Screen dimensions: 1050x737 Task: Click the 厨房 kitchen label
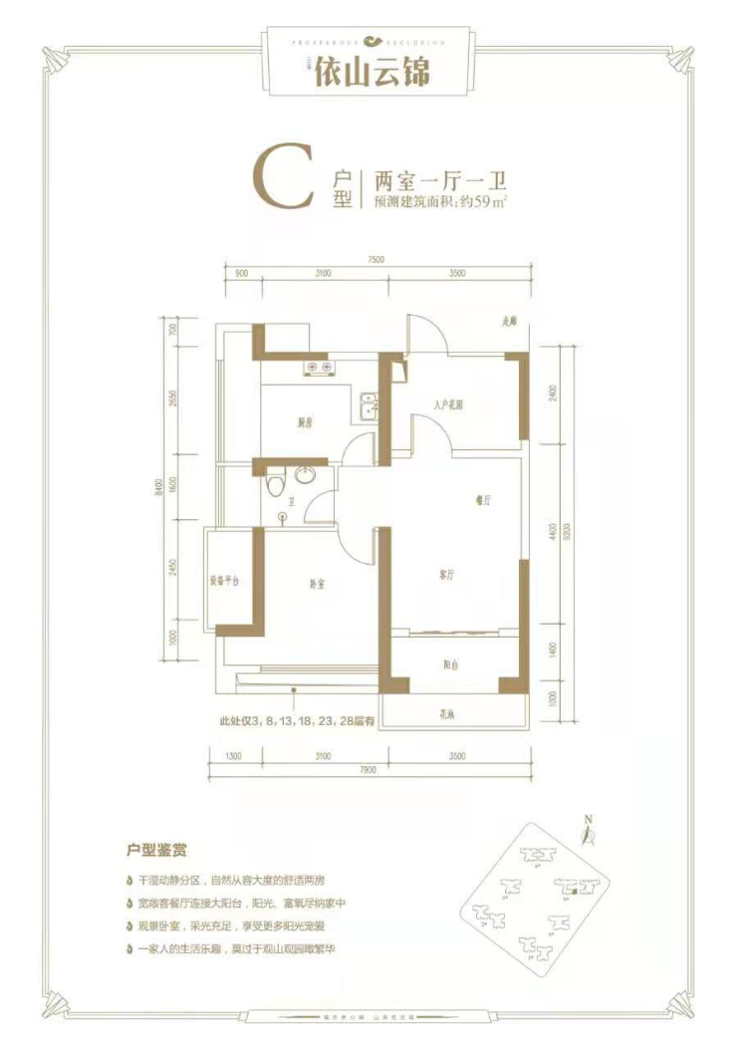(305, 422)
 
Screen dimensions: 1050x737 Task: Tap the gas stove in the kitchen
(319, 368)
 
